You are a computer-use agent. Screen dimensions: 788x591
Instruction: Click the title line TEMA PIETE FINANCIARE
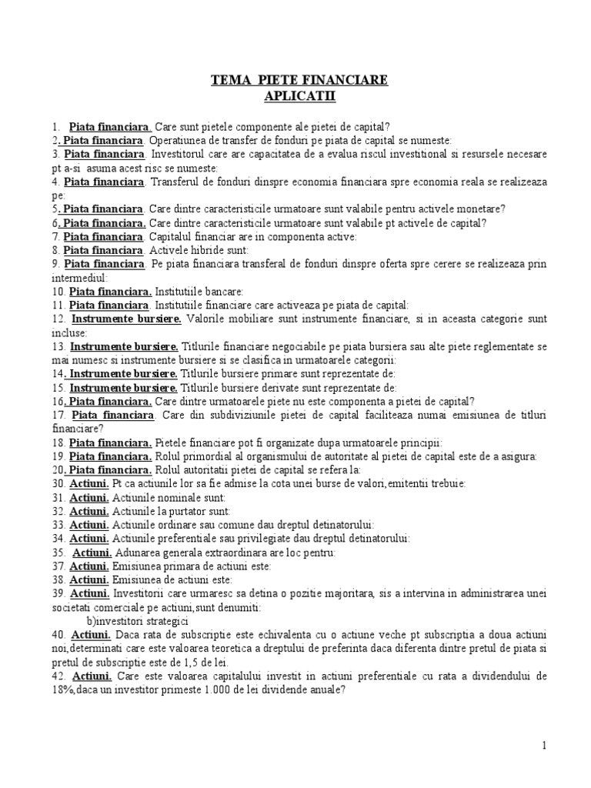pyautogui.click(x=300, y=80)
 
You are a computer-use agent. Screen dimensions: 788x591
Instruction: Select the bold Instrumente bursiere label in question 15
pyautogui.click(x=125, y=387)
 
